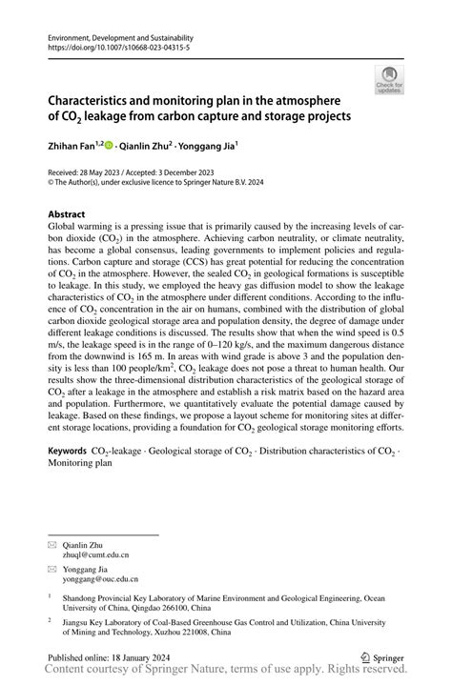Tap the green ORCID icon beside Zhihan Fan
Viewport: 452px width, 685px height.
pyautogui.click(x=109, y=147)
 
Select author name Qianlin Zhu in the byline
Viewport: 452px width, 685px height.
pyautogui.click(x=146, y=148)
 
